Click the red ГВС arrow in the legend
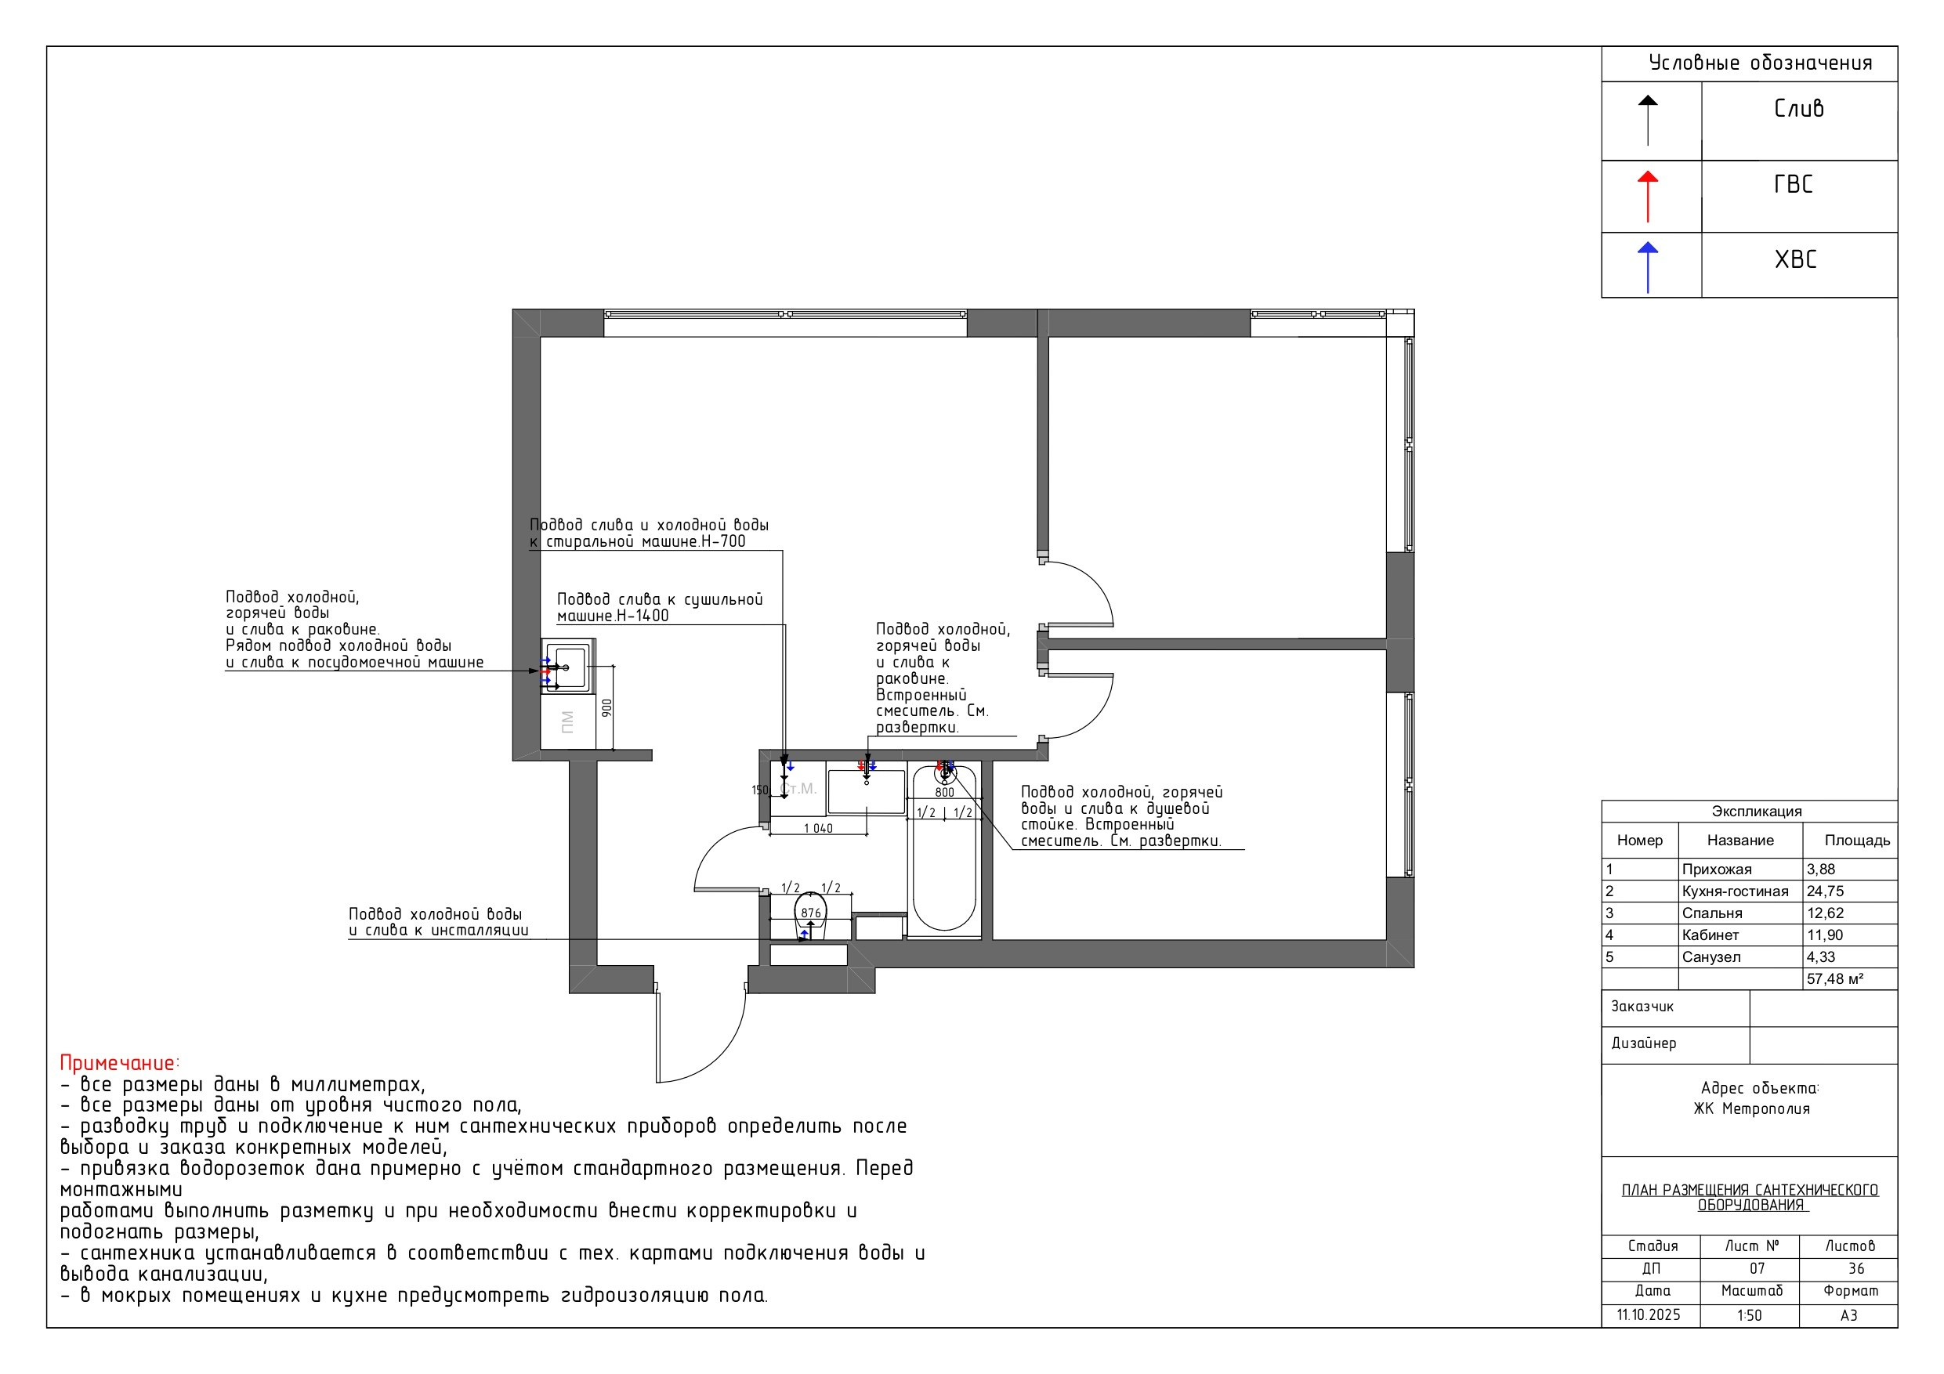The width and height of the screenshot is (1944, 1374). (x=1648, y=197)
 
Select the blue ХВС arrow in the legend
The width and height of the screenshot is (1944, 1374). (x=1648, y=268)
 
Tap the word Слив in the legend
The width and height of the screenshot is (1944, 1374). (x=1799, y=108)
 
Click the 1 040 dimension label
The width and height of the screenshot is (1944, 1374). (x=818, y=828)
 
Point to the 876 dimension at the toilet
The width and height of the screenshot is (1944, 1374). (x=811, y=913)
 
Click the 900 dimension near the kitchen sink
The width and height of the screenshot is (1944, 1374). (x=606, y=707)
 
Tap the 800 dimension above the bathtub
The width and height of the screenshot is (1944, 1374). (x=945, y=793)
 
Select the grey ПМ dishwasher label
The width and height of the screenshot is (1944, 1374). (x=567, y=721)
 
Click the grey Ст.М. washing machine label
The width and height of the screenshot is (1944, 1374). (x=798, y=788)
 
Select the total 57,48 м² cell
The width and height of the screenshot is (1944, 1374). (x=1835, y=978)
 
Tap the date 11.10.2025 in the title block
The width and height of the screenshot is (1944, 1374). (x=1649, y=1314)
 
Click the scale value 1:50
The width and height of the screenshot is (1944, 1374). (x=1749, y=1315)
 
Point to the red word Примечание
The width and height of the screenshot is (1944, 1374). (x=119, y=1063)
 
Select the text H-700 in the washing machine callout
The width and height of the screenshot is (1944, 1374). (x=723, y=541)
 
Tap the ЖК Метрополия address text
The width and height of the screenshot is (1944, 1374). (x=1752, y=1108)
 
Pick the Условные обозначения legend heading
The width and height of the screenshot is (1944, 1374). (x=1761, y=63)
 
